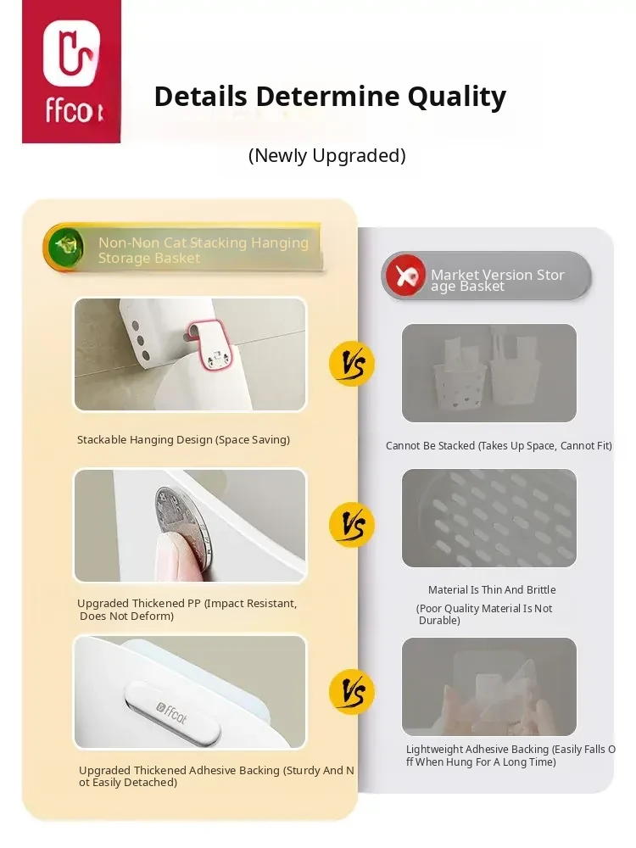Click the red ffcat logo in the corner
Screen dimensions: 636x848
pyautogui.click(x=71, y=71)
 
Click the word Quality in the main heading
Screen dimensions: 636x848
pyautogui.click(x=456, y=98)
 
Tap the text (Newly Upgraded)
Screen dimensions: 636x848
pyautogui.click(x=326, y=156)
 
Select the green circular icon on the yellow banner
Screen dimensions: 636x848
pyautogui.click(x=65, y=247)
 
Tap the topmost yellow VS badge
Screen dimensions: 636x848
pyautogui.click(x=352, y=364)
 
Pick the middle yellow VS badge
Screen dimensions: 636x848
pyautogui.click(x=352, y=525)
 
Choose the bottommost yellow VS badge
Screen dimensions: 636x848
pyautogui.click(x=352, y=692)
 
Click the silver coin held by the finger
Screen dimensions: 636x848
pyautogui.click(x=181, y=517)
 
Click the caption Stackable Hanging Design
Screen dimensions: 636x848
pyautogui.click(x=183, y=439)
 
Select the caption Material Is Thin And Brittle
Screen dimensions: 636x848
pyautogui.click(x=492, y=589)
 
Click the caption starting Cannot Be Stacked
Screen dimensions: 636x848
pyautogui.click(x=499, y=446)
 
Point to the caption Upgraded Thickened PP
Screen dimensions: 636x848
pyautogui.click(x=187, y=610)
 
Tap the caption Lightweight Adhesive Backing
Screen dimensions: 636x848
pyautogui.click(x=510, y=756)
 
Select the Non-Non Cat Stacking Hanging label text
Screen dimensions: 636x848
pyautogui.click(x=204, y=250)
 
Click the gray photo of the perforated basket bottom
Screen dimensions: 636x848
pyautogui.click(x=489, y=518)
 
